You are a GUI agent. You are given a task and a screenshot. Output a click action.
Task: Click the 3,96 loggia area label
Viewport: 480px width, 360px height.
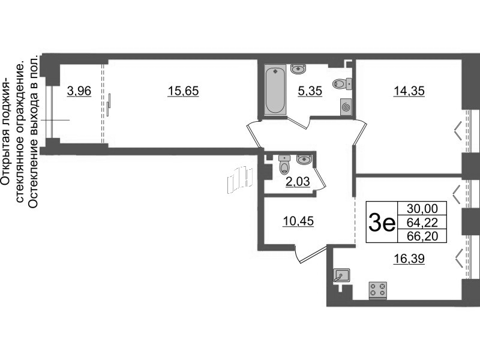tap(79, 91)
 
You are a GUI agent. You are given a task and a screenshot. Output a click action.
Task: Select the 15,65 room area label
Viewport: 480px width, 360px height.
tap(184, 91)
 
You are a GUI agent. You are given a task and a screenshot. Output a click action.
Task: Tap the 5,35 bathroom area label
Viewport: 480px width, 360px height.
tap(310, 91)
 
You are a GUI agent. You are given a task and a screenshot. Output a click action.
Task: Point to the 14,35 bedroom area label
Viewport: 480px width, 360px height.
tap(409, 91)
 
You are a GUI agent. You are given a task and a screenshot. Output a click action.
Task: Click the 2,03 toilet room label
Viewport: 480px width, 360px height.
tap(298, 182)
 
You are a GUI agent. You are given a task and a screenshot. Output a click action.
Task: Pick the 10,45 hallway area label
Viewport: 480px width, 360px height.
tap(298, 221)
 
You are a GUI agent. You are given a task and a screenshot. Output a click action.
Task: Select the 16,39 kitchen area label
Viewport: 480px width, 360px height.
tap(409, 259)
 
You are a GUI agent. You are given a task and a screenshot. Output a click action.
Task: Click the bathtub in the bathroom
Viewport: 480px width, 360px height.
tap(275, 89)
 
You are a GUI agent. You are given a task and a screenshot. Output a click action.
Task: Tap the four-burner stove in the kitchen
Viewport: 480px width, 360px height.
tap(378, 290)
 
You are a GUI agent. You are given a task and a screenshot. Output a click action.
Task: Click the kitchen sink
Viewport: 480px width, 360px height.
tap(341, 275)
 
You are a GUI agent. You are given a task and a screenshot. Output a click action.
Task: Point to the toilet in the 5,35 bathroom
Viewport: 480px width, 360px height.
tap(342, 83)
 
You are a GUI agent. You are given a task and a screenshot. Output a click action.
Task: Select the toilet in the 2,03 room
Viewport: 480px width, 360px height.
tap(284, 164)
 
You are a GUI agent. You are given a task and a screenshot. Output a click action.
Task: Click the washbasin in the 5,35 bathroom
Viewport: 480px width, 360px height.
tap(297, 69)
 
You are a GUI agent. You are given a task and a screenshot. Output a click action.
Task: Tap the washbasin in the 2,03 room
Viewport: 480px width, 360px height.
tap(304, 160)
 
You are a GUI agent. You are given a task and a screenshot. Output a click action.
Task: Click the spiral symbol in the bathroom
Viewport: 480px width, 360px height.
tap(346, 107)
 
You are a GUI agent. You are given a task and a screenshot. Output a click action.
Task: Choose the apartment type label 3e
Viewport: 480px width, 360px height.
tap(382, 223)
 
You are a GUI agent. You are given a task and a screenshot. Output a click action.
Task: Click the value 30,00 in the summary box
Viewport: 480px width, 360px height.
tap(422, 209)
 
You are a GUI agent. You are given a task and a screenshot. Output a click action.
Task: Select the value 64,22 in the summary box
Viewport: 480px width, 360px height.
tap(422, 223)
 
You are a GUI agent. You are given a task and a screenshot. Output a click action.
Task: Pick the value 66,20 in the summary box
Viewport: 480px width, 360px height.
tap(422, 236)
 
